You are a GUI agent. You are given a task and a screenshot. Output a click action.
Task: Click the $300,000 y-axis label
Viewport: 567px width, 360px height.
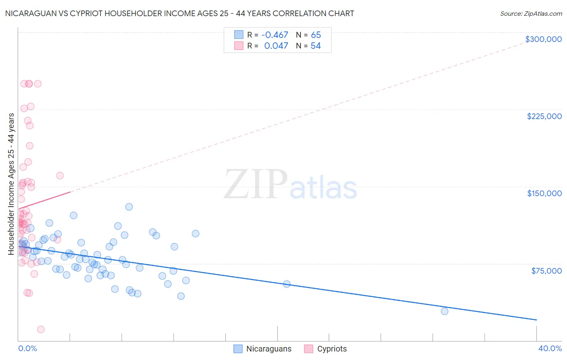point(543,39)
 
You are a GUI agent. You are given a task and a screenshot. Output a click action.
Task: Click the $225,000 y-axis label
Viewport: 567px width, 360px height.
point(544,116)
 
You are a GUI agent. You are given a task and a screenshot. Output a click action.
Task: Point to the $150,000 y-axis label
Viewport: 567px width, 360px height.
point(544,193)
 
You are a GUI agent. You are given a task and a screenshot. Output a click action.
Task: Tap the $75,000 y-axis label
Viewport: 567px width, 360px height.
point(546,271)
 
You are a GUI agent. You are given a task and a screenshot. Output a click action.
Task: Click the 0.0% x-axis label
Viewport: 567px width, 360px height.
point(27,348)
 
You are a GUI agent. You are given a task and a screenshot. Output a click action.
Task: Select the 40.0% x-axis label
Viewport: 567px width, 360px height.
point(550,348)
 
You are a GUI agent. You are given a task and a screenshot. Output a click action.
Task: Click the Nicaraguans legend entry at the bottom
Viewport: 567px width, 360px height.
point(269,349)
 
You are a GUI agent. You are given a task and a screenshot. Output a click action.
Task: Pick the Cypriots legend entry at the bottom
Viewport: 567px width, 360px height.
point(331,349)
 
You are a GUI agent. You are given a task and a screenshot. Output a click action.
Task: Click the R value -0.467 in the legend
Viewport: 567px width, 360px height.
point(275,35)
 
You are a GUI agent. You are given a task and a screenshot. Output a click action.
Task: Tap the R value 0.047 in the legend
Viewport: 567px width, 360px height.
point(276,46)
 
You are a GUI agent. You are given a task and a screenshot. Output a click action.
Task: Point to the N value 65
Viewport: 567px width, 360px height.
point(316,35)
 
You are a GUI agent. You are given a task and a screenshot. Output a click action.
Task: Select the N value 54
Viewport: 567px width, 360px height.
point(315,46)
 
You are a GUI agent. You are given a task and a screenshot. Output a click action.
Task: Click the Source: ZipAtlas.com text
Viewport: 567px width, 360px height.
point(531,13)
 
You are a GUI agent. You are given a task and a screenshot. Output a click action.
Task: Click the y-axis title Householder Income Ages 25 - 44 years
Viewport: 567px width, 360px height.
point(11,184)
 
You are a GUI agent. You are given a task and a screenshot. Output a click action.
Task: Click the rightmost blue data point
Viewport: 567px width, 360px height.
point(444,311)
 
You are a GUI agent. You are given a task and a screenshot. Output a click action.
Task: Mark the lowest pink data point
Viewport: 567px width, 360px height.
point(41,329)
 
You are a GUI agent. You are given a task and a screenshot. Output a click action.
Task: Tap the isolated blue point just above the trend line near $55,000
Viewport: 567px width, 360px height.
point(287,284)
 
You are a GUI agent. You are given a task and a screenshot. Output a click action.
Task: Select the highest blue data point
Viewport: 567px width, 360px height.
point(129,207)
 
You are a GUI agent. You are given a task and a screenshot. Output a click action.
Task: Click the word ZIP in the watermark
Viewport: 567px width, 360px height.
point(256,184)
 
